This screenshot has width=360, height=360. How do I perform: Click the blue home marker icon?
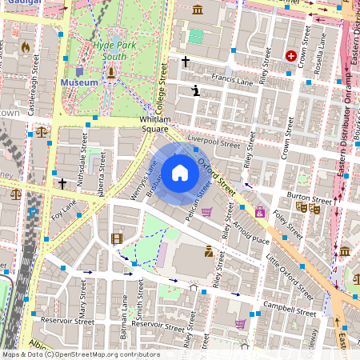click(180, 172)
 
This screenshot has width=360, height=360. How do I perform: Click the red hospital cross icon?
click(291, 57)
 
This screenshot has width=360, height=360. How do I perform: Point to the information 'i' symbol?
click(196, 91)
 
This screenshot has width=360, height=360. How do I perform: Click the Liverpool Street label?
click(214, 142)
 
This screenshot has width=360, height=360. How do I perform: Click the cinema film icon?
click(118, 238)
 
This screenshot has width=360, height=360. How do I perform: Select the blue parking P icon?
click(33, 212)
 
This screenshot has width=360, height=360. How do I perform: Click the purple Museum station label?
click(78, 82)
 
